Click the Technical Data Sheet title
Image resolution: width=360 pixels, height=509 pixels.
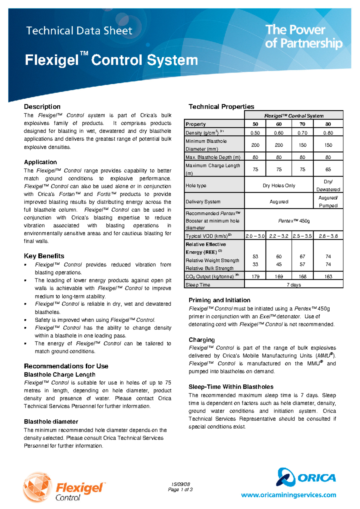[79, 31]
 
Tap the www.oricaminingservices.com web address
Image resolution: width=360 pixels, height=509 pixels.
[288, 495]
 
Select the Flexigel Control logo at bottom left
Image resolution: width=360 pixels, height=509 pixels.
[64, 487]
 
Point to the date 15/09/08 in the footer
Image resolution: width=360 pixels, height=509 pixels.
[180, 484]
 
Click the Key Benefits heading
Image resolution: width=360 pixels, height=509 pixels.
[44, 256]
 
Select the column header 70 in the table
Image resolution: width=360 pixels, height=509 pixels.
[302, 124]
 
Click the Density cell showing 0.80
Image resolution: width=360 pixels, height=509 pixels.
[328, 133]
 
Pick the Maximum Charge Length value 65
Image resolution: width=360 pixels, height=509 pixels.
[328, 169]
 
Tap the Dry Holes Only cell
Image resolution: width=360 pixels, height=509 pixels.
[279, 186]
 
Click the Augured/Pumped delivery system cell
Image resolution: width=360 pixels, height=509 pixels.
[328, 202]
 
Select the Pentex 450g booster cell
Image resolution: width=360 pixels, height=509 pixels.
[294, 221]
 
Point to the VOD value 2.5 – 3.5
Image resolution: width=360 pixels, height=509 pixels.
[302, 236]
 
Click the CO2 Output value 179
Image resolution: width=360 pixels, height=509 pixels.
[255, 276]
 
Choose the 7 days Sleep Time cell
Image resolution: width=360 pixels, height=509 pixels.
[294, 285]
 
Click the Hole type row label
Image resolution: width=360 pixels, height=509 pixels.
[196, 186]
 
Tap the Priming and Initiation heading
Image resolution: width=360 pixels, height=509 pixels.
[219, 300]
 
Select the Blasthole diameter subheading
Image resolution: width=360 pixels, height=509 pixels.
[51, 421]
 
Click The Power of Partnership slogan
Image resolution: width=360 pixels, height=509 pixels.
[303, 37]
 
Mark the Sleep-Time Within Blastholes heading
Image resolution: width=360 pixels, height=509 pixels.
[231, 387]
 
